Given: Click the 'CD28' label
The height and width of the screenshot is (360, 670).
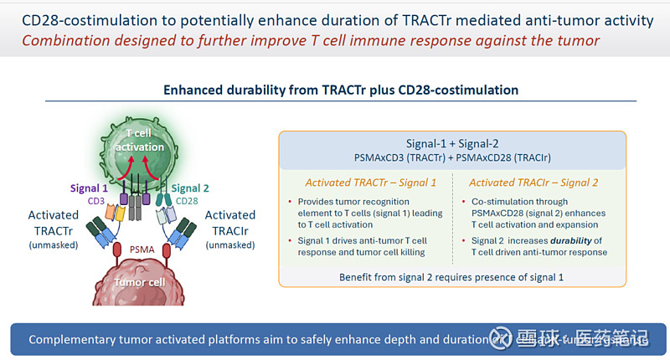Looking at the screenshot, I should (x=188, y=201).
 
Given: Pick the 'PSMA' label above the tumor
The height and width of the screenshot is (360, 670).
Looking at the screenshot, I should (x=142, y=248).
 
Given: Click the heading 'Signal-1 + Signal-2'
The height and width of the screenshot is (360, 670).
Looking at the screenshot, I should (x=451, y=143).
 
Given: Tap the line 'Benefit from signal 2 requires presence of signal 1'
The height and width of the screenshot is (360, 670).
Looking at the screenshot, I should (x=451, y=276).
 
